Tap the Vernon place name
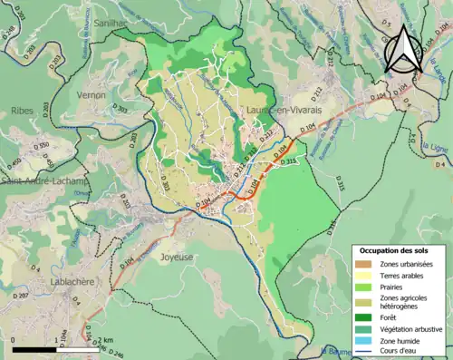tap(92, 94)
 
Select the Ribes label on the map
tap(22, 110)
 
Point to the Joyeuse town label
tap(177, 257)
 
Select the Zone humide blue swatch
tap(366, 342)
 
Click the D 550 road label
tap(42, 145)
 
